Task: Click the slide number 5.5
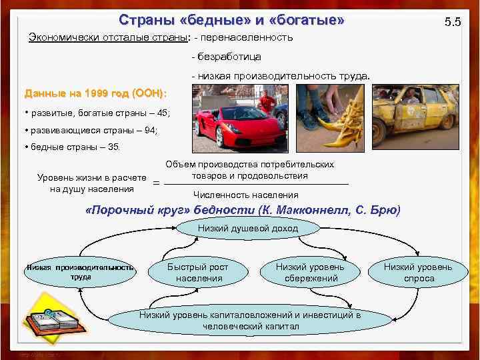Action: coord(453,23)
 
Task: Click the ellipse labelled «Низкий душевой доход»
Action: coord(248,229)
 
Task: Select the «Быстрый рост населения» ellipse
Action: coord(197,272)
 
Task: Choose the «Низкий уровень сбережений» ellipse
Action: coord(310,272)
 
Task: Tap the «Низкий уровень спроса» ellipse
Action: coord(419,272)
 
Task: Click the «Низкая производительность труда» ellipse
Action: coord(81,272)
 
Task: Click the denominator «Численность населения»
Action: coord(245,195)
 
